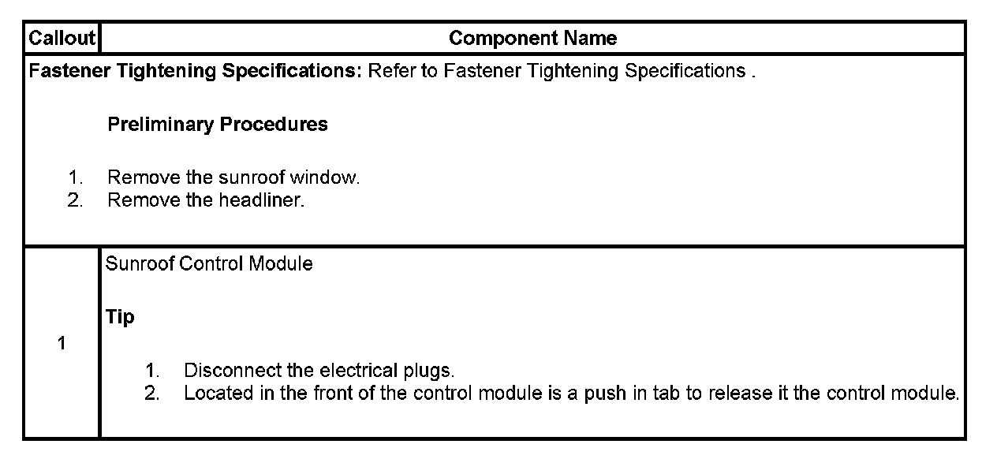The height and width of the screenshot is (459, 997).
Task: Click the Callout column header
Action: [62, 38]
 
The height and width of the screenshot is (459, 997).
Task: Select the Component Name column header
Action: [532, 38]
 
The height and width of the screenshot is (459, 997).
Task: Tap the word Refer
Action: [391, 71]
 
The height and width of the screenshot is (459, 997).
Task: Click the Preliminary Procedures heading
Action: [217, 125]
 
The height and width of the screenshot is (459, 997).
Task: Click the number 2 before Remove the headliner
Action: [75, 200]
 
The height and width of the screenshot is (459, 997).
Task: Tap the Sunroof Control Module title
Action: [208, 264]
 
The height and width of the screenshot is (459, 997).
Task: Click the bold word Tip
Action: [120, 317]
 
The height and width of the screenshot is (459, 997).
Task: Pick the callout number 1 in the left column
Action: [62, 345]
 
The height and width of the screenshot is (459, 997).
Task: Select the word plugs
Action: [431, 371]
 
